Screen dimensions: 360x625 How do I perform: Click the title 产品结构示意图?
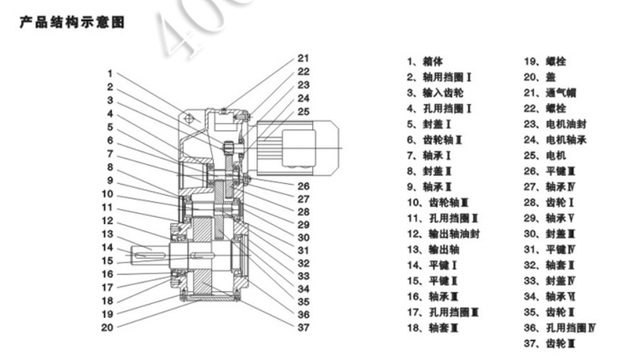point(75,23)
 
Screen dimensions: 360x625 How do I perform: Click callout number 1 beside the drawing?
point(109,73)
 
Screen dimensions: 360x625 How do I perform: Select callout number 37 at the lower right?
point(303,327)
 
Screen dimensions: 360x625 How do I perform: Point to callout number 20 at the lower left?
point(108,327)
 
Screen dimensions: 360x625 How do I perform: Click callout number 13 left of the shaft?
point(108,233)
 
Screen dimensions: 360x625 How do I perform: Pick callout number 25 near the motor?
point(303,111)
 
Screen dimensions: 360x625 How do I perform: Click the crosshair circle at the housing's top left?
point(188,118)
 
